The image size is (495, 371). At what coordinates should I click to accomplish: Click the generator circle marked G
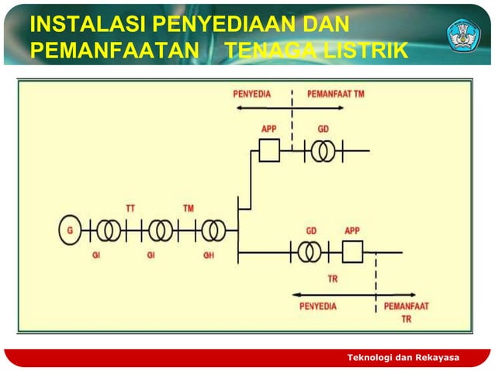(70, 230)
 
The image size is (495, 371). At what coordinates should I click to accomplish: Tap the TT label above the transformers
(131, 208)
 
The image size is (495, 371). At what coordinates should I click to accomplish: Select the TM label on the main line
(189, 208)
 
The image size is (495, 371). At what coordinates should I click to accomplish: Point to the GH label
(209, 255)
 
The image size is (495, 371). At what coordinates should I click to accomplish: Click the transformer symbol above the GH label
(212, 231)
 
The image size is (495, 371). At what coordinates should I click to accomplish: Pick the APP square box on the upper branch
(269, 150)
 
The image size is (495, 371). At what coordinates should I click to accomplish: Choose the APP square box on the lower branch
(352, 251)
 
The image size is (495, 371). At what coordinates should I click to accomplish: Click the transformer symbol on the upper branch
(323, 150)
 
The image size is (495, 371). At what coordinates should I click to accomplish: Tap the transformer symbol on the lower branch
(310, 251)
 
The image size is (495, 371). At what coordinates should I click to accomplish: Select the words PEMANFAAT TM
(336, 94)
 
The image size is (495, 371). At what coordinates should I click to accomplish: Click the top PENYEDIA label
(252, 94)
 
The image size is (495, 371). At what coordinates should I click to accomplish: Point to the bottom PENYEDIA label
(318, 306)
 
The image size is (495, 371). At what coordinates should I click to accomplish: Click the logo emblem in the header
(463, 34)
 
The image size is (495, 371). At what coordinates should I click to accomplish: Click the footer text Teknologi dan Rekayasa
(403, 357)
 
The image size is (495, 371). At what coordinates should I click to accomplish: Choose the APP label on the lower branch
(352, 231)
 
